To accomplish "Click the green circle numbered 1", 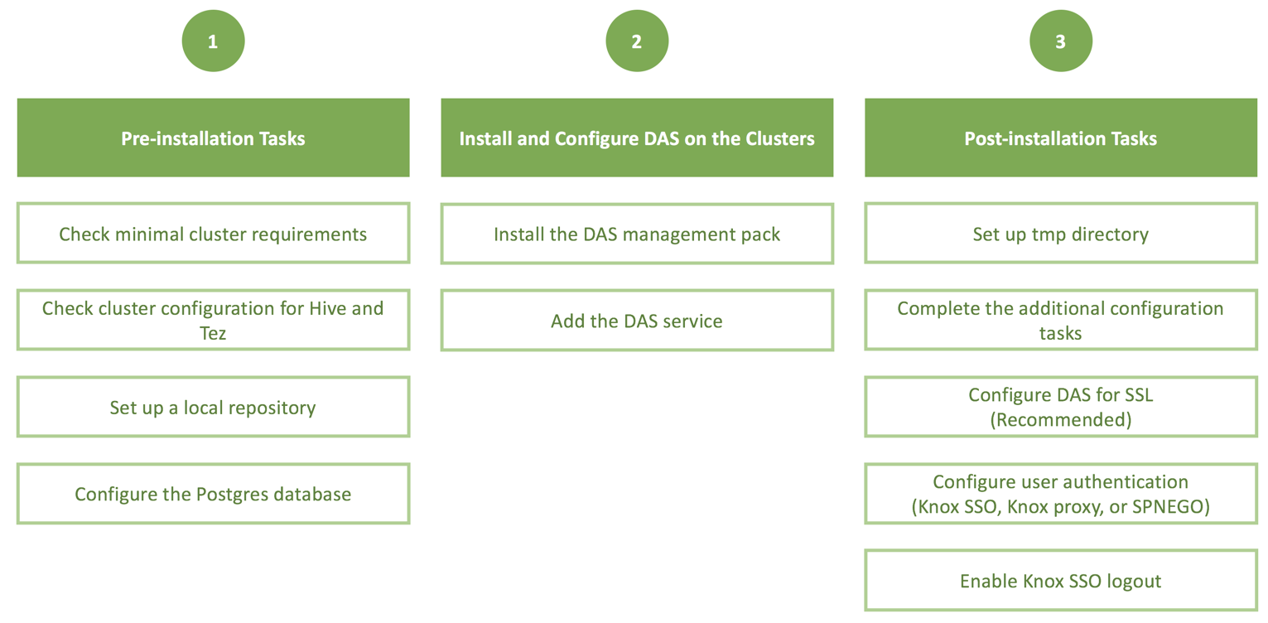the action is (213, 41).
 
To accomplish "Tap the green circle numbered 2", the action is (637, 41).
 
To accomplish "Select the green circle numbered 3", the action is (1061, 41).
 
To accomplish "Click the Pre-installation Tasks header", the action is (214, 138).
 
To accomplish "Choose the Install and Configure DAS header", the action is (637, 138).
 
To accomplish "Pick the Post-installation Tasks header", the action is (1061, 138).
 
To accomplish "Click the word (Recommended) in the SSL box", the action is (1061, 420).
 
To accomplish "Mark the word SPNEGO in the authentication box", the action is (1170, 506).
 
